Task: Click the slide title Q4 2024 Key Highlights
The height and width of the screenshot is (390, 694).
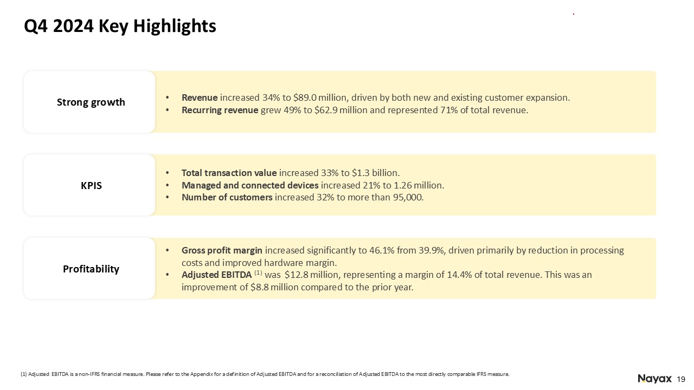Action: pos(120,26)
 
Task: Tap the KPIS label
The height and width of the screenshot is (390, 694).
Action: pos(91,185)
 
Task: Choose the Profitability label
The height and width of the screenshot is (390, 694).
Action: pos(91,269)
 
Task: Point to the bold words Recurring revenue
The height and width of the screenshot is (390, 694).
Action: pos(220,110)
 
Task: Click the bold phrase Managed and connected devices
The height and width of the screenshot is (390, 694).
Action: pos(250,185)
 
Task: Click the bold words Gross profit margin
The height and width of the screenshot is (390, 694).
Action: pos(222,250)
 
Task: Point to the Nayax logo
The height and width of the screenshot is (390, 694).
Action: pos(654,378)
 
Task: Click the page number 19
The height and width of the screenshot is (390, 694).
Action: pos(682,379)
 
